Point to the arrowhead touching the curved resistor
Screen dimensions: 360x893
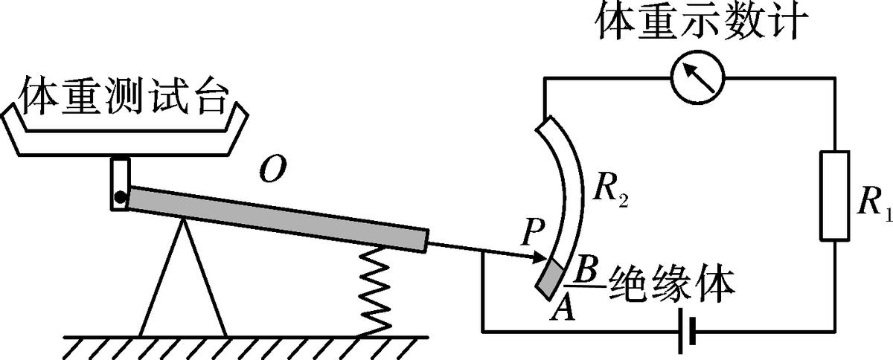tap(542, 257)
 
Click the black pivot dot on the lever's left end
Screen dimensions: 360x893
tap(119, 198)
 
